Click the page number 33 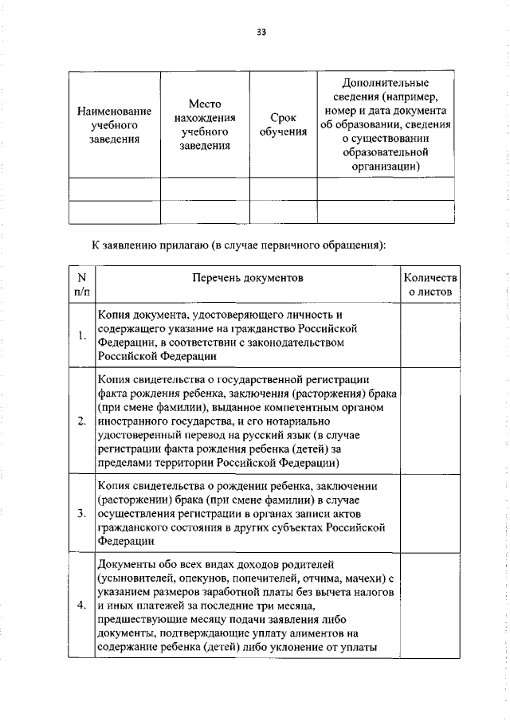tap(261, 32)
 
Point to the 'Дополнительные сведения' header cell tap(386, 124)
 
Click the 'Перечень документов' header tap(247, 278)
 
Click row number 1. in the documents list tap(81, 335)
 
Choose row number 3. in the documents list tap(81, 512)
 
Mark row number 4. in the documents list tap(81, 605)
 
